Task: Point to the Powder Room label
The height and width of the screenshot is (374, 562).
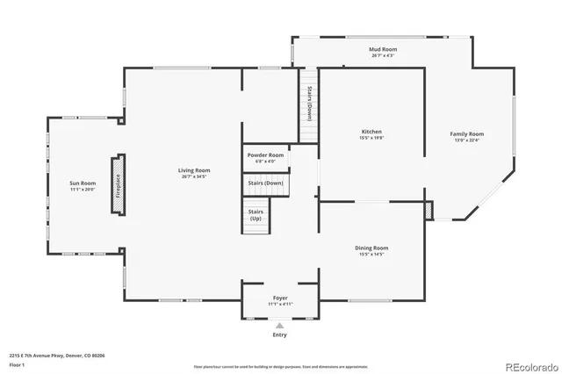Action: pyautogui.click(x=265, y=155)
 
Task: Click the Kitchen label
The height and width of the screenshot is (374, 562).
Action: pyautogui.click(x=371, y=132)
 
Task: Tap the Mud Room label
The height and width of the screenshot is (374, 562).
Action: pyautogui.click(x=383, y=50)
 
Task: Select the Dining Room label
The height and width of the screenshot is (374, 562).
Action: pyautogui.click(x=371, y=248)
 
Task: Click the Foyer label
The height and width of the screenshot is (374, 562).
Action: pyautogui.click(x=279, y=298)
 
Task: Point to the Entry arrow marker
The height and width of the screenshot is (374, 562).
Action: pyautogui.click(x=280, y=325)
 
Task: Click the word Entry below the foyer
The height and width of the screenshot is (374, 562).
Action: pyautogui.click(x=280, y=334)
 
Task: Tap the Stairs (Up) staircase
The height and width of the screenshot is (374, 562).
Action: pyautogui.click(x=256, y=216)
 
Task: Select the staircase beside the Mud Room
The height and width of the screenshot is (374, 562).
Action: pyautogui.click(x=309, y=105)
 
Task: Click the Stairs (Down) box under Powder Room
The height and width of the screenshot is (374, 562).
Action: pyautogui.click(x=265, y=183)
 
